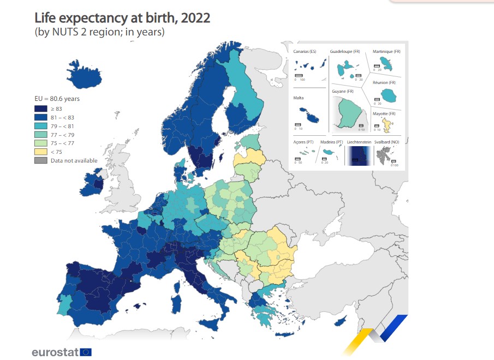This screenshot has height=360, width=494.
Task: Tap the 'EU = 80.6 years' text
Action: click(x=57, y=99)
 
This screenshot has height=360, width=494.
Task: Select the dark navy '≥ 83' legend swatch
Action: click(x=40, y=109)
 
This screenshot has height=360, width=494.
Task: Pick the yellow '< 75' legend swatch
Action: click(x=40, y=152)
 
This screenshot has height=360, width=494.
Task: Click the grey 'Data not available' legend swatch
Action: click(x=40, y=160)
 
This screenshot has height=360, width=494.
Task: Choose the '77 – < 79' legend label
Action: click(x=61, y=135)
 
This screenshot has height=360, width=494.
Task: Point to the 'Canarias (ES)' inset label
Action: click(x=305, y=52)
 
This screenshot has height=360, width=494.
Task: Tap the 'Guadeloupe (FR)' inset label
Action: click(x=345, y=52)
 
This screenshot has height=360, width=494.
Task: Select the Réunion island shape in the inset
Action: click(x=388, y=96)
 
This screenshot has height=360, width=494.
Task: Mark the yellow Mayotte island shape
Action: click(x=386, y=125)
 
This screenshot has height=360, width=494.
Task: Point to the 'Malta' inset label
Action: click(x=299, y=98)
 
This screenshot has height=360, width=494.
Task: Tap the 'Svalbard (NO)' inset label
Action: click(x=386, y=142)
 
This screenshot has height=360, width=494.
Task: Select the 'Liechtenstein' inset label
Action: click(x=359, y=142)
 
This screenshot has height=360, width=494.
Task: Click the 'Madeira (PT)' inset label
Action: click(x=331, y=142)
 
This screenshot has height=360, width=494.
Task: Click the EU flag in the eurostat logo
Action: click(x=86, y=352)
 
